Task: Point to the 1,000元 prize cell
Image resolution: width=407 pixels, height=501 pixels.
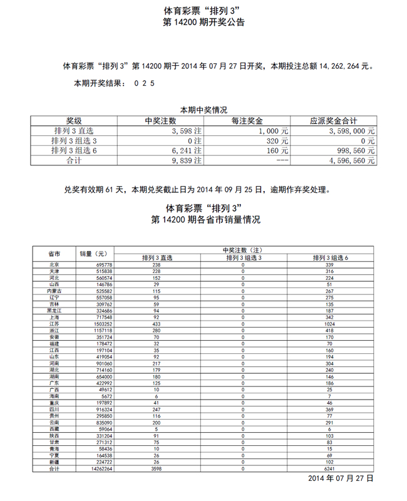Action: pyautogui.click(x=276, y=132)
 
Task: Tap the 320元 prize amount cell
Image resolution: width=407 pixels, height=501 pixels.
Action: pyautogui.click(x=279, y=141)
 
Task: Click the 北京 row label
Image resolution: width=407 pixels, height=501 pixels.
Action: pyautogui.click(x=54, y=265)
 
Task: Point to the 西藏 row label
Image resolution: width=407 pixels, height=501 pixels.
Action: pyautogui.click(x=54, y=429)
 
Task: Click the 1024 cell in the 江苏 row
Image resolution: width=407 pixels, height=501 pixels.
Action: pyautogui.click(x=330, y=324)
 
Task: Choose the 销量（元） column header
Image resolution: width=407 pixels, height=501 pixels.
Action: pyautogui.click(x=94, y=254)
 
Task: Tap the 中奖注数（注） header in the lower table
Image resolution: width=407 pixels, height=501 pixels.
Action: pyautogui.click(x=243, y=250)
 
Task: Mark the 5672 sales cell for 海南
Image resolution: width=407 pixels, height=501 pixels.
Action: pyautogui.click(x=103, y=396)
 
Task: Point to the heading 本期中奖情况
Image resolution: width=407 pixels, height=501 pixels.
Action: pyautogui.click(x=203, y=110)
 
